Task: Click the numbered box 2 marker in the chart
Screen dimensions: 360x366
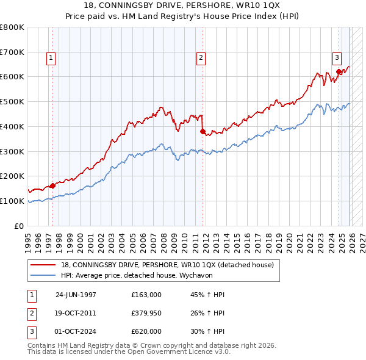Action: point(200,58)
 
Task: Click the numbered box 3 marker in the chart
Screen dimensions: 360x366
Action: point(336,58)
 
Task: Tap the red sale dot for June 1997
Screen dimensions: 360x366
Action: point(53,185)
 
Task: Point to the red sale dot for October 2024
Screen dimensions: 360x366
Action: point(339,72)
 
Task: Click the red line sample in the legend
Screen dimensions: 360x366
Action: point(43,265)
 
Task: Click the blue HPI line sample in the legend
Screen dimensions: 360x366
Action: point(43,275)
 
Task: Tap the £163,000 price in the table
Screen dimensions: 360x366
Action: point(146,295)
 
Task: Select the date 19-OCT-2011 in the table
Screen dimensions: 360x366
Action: point(76,313)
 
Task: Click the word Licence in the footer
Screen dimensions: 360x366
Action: point(199,351)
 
